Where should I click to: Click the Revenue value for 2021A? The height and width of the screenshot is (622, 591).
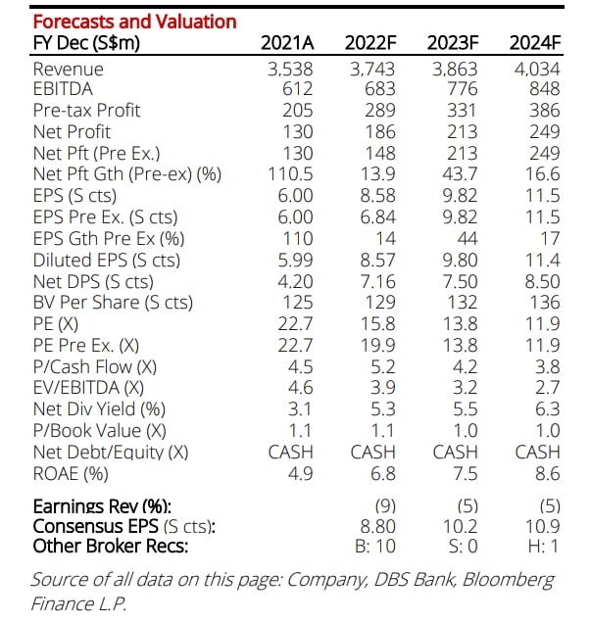pyautogui.click(x=290, y=69)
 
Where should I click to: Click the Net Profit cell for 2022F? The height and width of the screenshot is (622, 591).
pyautogui.click(x=378, y=132)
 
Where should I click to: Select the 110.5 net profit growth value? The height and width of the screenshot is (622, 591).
pyautogui.click(x=290, y=174)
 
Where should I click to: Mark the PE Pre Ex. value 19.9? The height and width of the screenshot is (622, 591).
pyautogui.click(x=378, y=345)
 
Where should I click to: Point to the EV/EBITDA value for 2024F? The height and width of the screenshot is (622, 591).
pyautogui.click(x=547, y=387)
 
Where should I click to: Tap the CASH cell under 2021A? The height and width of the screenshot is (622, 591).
pyautogui.click(x=290, y=452)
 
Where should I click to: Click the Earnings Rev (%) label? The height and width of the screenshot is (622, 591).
pyautogui.click(x=101, y=506)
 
